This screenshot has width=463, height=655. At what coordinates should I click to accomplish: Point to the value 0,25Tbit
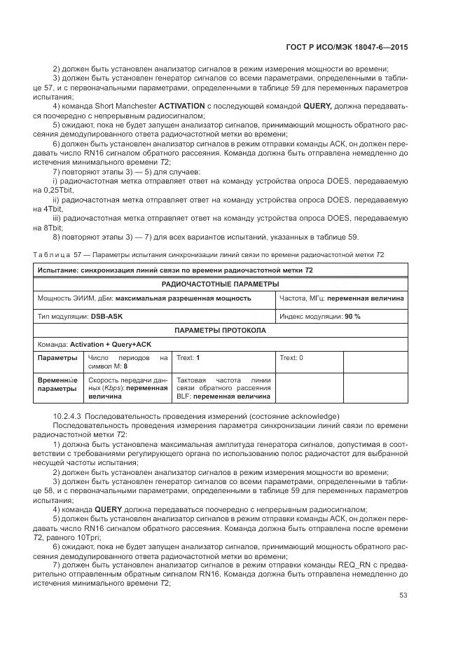tap(50, 191)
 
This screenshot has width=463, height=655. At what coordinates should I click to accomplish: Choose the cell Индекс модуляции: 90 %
tap(320, 316)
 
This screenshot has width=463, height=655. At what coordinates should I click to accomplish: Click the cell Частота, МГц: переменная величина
tap(341, 298)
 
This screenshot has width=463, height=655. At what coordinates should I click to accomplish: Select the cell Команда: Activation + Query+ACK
tap(94, 345)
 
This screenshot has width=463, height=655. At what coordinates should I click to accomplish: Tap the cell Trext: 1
tap(188, 358)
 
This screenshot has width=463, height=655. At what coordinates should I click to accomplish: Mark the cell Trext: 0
tap(291, 358)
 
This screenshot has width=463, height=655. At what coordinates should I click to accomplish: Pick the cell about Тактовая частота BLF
tap(223, 387)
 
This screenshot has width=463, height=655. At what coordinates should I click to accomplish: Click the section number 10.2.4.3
tap(68, 415)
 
